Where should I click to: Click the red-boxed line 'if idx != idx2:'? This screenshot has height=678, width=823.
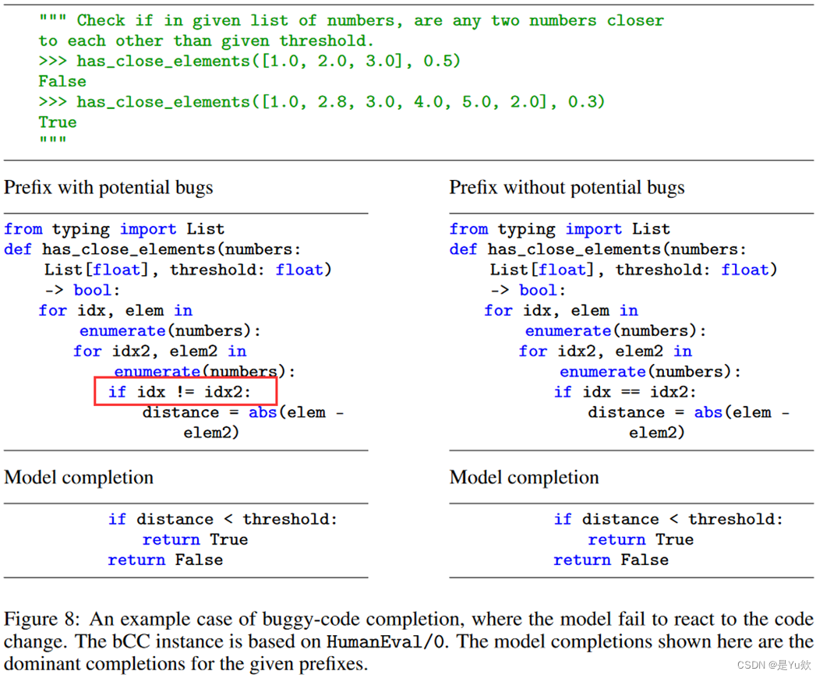(185, 392)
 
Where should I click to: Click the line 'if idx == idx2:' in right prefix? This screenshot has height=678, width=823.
(625, 392)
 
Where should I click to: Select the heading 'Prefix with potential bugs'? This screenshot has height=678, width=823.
(108, 188)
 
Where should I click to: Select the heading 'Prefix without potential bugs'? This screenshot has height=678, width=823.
(567, 188)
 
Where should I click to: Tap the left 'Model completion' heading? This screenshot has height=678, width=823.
(79, 478)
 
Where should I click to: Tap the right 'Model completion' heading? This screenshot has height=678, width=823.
(525, 478)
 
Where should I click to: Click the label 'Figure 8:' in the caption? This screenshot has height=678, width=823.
(41, 620)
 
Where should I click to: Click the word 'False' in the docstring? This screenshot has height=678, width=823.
(62, 82)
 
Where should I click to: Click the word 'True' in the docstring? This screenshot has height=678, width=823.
(58, 122)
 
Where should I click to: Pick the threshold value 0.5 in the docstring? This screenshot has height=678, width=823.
(437, 62)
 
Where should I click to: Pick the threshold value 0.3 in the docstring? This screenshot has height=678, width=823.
(581, 102)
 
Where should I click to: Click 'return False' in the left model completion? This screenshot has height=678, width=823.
(165, 560)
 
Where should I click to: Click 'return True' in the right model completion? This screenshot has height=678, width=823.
(641, 540)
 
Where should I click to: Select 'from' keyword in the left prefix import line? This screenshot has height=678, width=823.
(23, 229)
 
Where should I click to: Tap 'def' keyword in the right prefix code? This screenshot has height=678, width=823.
(463, 249)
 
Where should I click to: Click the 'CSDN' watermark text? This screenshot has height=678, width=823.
(751, 665)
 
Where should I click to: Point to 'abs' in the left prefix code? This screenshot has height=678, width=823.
(263, 412)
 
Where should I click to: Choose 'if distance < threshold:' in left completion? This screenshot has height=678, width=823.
(223, 520)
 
